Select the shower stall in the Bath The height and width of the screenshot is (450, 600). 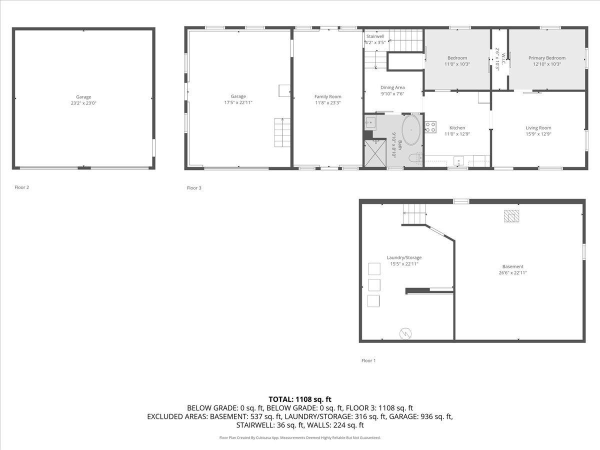375,153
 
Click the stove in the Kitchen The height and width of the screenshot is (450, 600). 430,127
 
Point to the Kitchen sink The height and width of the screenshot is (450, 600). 459,161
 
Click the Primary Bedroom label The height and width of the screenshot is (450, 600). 547,58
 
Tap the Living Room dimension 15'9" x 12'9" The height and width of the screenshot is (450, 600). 538,134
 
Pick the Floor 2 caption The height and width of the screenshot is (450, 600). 21,187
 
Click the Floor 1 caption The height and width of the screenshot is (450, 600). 368,360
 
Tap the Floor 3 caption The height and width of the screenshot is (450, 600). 194,188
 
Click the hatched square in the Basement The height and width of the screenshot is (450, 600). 511,215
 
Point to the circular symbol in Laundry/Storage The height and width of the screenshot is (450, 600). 404,333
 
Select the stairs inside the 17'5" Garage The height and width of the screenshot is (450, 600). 282,132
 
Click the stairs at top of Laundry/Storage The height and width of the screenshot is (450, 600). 414,215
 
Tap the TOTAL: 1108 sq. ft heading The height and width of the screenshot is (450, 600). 300,399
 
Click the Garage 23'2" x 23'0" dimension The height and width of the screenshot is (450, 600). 83,103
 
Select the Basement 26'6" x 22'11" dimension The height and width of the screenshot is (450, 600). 513,273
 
